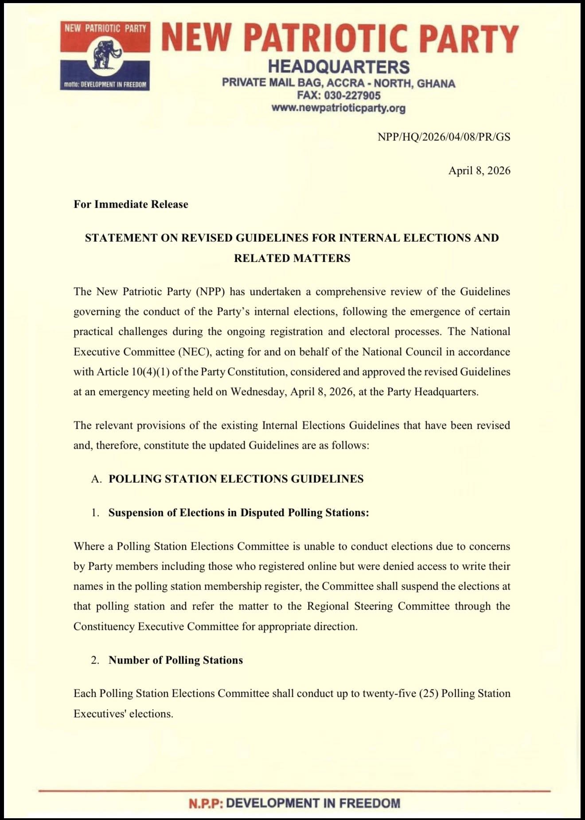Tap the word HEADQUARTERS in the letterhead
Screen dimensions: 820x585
tap(339, 67)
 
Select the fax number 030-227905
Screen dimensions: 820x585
tap(352, 96)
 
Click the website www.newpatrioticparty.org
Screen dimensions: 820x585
tap(338, 108)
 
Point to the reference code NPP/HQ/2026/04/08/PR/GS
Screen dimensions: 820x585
tap(444, 137)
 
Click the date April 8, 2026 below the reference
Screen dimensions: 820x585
tap(479, 171)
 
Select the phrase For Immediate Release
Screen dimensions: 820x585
tap(131, 204)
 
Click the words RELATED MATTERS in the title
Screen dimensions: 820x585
tap(292, 258)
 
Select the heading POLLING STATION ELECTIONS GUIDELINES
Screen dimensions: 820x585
tap(236, 479)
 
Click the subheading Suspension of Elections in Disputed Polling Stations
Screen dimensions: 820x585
tap(238, 513)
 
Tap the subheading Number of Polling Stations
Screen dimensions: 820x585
tap(175, 660)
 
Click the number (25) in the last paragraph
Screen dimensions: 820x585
tap(429, 693)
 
